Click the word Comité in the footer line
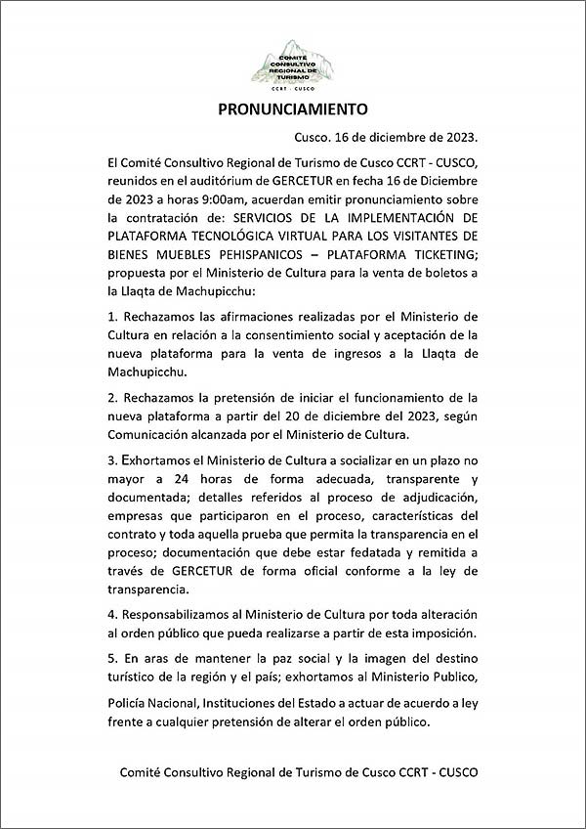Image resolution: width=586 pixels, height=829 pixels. click(x=144, y=772)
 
